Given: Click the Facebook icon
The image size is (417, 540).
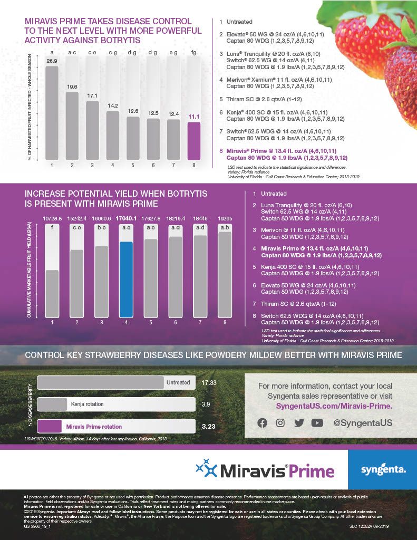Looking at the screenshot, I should tap(262, 422).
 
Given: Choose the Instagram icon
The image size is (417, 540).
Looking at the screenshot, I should tap(280, 422).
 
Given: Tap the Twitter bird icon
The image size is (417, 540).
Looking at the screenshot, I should tap(299, 422).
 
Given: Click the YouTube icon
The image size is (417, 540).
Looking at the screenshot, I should tap(317, 422).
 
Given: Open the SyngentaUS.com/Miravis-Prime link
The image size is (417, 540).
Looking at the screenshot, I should tap(334, 406).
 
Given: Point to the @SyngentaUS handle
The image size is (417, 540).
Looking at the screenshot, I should tap(363, 422).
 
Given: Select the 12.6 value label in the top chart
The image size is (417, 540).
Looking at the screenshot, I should tap(133, 111).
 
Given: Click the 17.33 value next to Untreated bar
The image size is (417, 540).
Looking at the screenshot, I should tap(210, 382).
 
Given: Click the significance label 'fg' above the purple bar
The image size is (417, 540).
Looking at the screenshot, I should tap(194, 52).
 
